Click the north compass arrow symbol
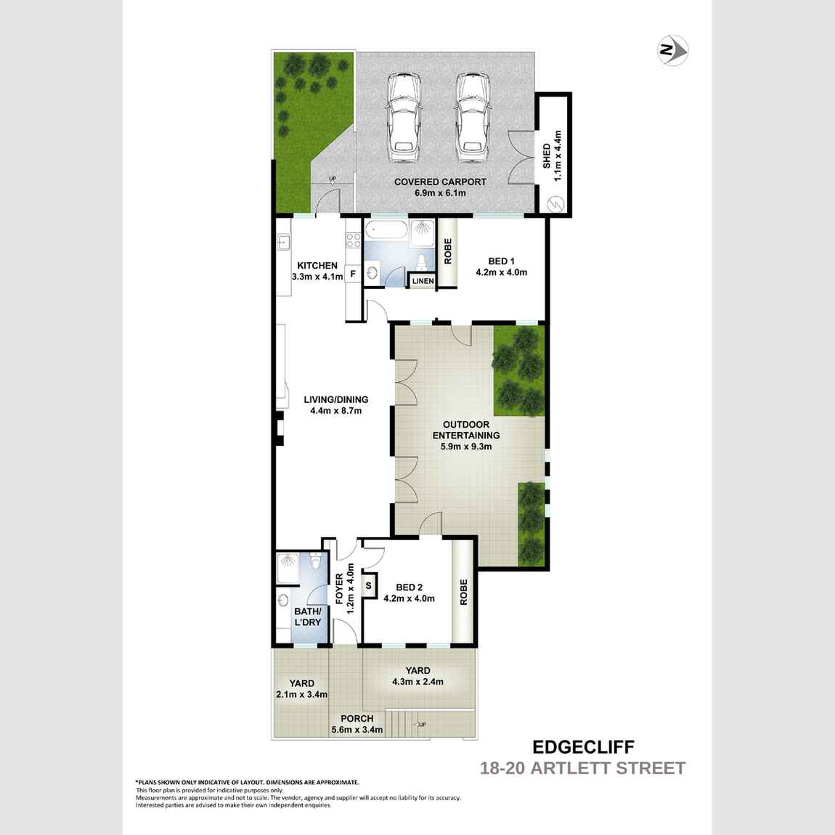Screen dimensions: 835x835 [673, 51]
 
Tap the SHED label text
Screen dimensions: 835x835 [547, 155]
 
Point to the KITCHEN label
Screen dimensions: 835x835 [317, 266]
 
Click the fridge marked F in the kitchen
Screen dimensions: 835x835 [353, 274]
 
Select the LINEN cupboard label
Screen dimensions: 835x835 [423, 281]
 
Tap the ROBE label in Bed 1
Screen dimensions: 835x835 [447, 251]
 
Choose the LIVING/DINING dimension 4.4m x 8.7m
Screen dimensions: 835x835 [335, 410]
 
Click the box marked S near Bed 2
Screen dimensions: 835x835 [368, 585]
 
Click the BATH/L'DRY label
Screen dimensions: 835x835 [307, 617]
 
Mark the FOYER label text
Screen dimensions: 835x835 [339, 589]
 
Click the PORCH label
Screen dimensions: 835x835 [357, 719]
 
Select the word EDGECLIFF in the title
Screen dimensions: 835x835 [583, 747]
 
